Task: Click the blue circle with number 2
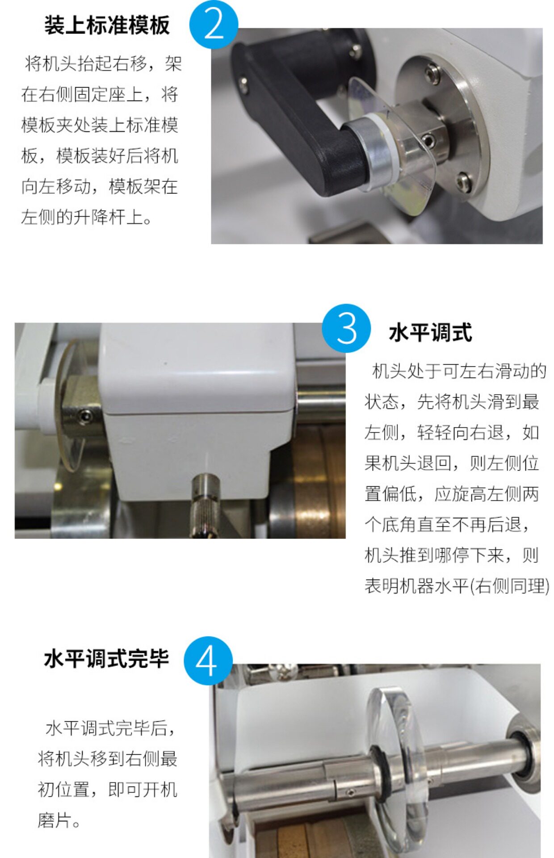click(x=214, y=24)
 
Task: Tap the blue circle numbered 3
click(x=346, y=328)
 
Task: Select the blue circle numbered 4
click(x=208, y=661)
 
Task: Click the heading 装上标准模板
click(x=107, y=25)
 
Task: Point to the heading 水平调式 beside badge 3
click(x=430, y=333)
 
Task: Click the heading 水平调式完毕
click(x=106, y=659)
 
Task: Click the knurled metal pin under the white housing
click(x=205, y=505)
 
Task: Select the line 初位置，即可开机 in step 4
click(x=107, y=790)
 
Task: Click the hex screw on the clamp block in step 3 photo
click(x=84, y=416)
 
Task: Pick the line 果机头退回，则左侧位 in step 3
click(x=452, y=463)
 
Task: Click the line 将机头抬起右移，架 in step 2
click(x=103, y=63)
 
